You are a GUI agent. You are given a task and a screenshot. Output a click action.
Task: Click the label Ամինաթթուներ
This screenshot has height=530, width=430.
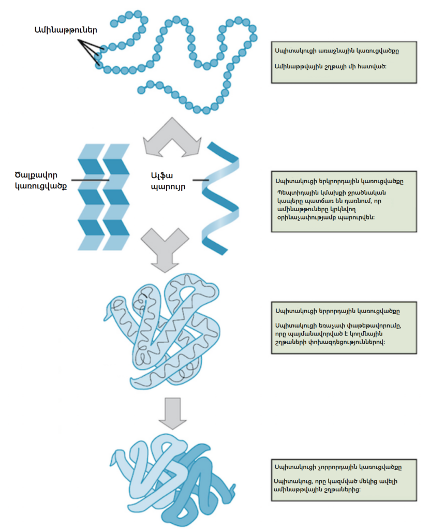(65, 30)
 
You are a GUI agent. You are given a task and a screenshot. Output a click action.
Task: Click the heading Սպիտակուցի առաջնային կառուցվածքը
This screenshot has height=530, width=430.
(337, 52)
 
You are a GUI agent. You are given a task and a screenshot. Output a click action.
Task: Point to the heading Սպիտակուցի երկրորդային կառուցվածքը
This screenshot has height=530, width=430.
(339, 181)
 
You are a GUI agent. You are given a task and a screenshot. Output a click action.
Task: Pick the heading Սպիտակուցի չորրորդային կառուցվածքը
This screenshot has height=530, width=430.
(338, 467)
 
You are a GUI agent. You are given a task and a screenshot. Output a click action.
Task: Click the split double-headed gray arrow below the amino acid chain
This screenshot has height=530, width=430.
(171, 137)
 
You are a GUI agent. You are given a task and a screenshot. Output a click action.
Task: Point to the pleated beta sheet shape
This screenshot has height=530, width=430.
(103, 197)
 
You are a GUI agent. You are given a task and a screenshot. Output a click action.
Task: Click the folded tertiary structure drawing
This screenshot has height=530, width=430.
(160, 331)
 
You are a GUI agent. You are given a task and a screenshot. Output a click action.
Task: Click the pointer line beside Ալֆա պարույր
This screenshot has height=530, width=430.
(200, 181)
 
